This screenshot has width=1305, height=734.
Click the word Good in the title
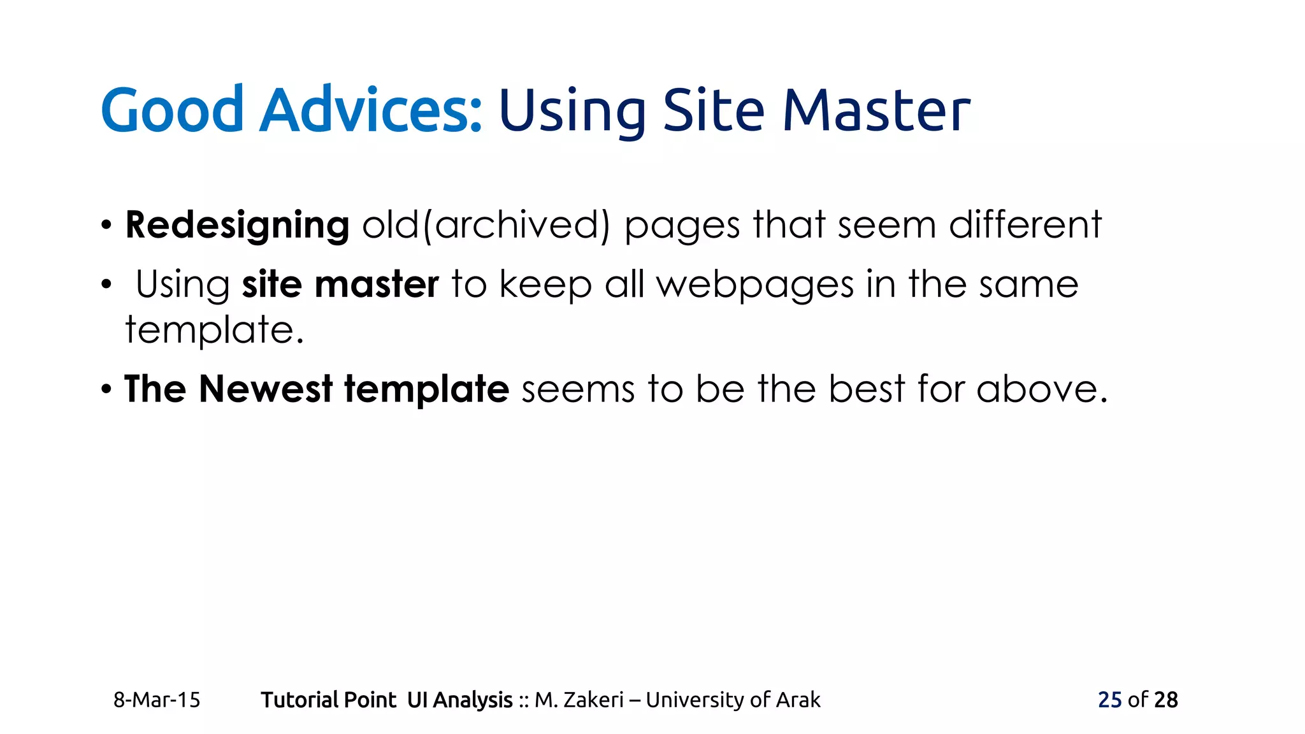point(172,110)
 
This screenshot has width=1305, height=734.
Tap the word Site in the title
point(714,110)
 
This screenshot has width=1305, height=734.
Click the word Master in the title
point(876,110)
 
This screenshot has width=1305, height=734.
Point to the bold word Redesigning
point(237,226)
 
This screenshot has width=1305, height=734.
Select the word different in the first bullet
point(1025,226)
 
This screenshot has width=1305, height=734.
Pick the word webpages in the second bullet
point(755,284)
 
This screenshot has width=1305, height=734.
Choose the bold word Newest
point(266,389)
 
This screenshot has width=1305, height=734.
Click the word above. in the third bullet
point(1042,389)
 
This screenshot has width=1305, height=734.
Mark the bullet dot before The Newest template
point(106,389)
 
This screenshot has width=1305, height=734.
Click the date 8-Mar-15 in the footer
point(157,700)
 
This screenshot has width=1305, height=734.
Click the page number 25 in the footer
point(1109,700)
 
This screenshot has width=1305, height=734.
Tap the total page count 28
point(1165,700)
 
